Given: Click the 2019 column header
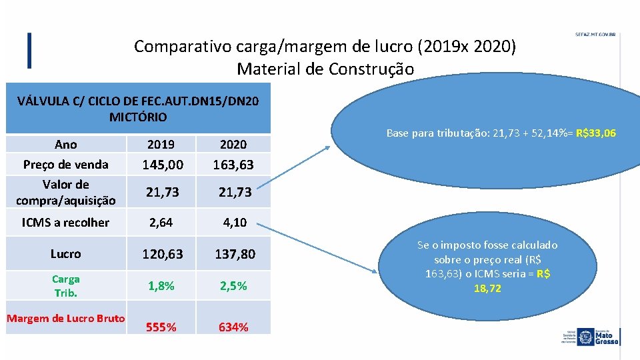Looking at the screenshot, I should click(161, 144).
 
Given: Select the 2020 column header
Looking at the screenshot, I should click(233, 144).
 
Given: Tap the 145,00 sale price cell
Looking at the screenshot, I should click(161, 163).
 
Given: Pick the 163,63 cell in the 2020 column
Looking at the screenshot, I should click(233, 163).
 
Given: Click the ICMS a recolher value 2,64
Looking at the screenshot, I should click(161, 222).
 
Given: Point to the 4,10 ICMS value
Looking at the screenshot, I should click(233, 222).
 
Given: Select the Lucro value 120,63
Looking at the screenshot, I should click(161, 254).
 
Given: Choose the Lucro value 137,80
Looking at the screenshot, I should click(233, 254).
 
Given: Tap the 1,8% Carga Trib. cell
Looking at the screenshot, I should click(161, 285).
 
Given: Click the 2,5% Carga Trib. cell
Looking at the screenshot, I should click(233, 285).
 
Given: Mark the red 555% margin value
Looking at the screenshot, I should click(161, 327).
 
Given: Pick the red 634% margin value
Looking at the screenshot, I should click(233, 327).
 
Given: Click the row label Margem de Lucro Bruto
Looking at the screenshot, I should click(65, 318).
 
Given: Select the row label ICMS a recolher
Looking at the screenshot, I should click(65, 222).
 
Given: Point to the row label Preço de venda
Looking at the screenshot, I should click(65, 164).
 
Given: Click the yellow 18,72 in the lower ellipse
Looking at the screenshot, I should click(487, 288).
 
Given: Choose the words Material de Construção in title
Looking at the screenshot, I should click(325, 69).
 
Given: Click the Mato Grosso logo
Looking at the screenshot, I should click(597, 336).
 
